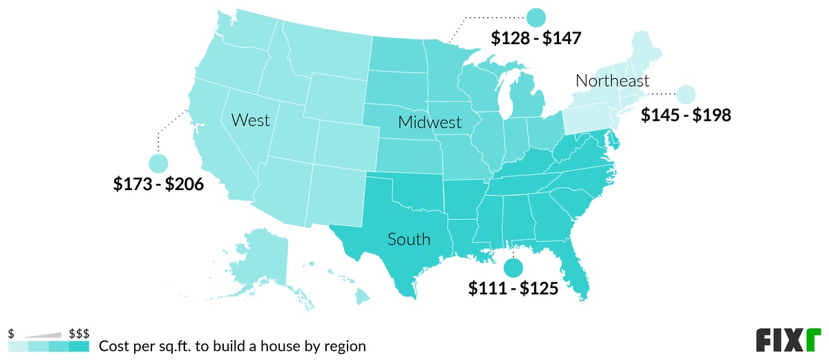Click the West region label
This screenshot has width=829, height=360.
point(250,121)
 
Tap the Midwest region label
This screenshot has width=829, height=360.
point(429,123)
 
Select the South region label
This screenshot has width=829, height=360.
point(408,240)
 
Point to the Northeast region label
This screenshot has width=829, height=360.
point(612,82)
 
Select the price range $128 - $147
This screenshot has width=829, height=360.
point(536,38)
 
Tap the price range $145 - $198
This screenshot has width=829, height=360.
point(685,115)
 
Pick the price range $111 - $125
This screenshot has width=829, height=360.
point(512,288)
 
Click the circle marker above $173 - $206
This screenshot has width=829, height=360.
point(158,164)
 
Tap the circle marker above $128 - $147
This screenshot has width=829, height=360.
point(536,17)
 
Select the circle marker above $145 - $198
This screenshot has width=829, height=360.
point(686,94)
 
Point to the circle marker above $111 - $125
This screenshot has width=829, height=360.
point(513,267)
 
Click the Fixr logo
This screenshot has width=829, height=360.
point(787,340)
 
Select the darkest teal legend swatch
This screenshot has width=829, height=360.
point(79,346)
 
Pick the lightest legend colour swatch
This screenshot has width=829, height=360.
point(18,346)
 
